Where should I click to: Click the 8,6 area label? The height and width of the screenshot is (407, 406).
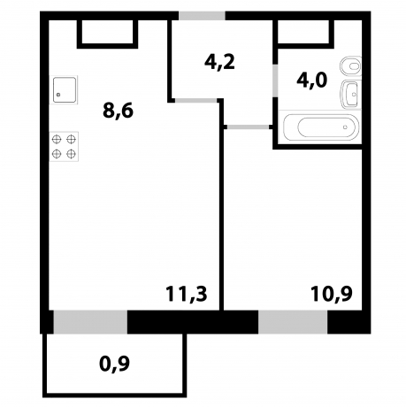[x=119, y=113]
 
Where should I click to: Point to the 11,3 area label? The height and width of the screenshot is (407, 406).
[x=186, y=294]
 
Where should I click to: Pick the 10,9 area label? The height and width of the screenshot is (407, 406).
[x=328, y=294]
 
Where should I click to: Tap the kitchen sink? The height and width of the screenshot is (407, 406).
[x=65, y=90]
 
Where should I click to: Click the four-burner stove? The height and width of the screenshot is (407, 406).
[x=64, y=146]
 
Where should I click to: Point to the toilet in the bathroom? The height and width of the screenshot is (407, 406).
[x=352, y=65]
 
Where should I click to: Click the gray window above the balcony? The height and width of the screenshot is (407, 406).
[x=90, y=322]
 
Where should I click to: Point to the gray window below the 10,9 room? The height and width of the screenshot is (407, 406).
[x=293, y=322]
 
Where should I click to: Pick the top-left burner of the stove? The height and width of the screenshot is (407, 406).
[x=57, y=139]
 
